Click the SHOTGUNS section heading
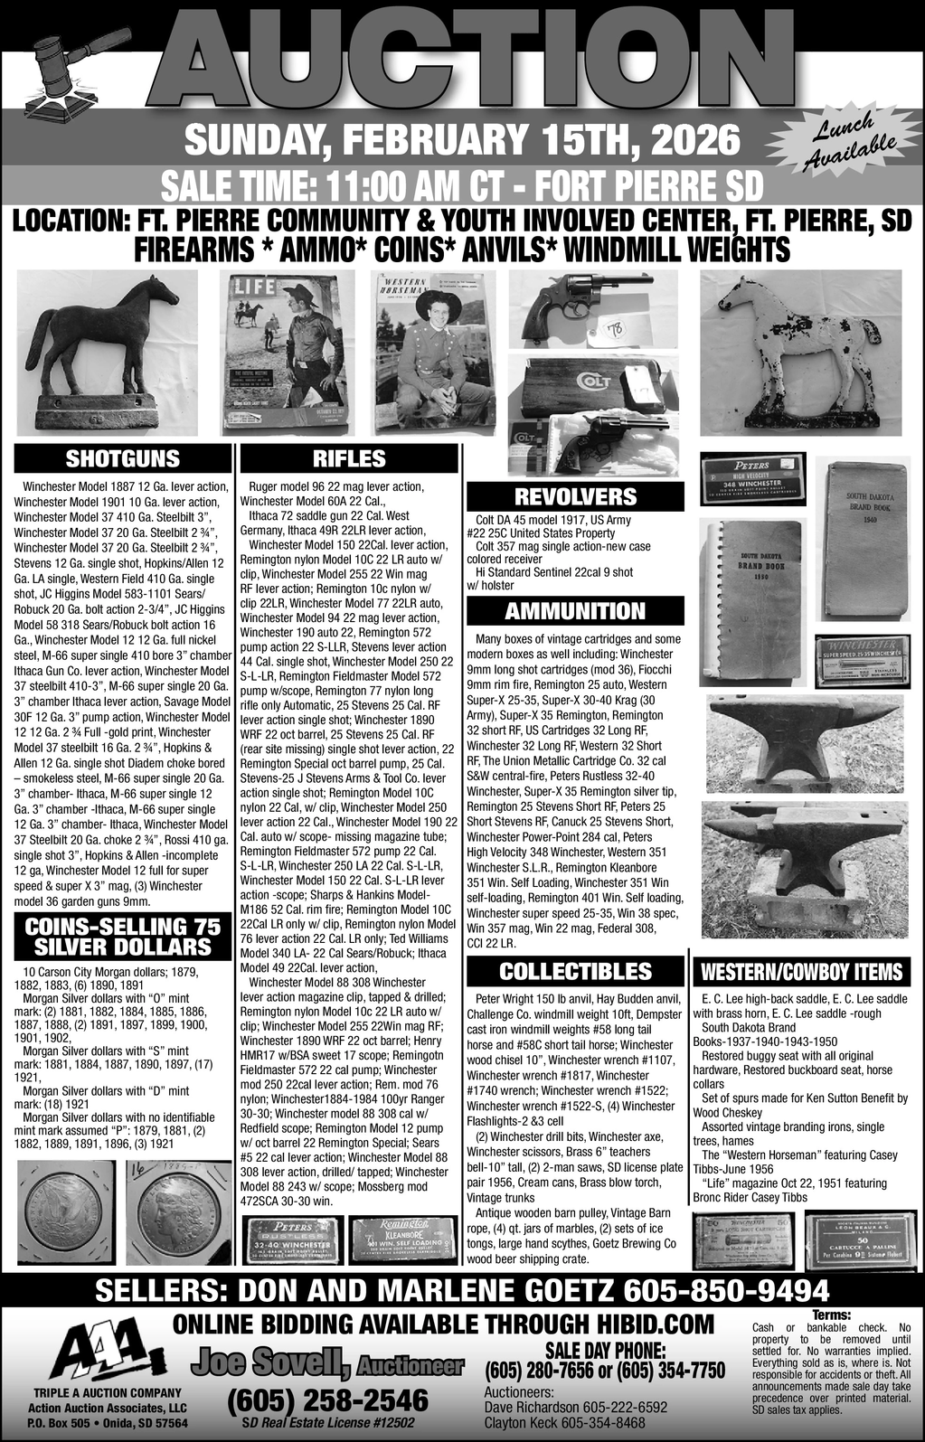pyautogui.click(x=123, y=458)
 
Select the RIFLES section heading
pyautogui.click(x=349, y=458)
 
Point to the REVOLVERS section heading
pyautogui.click(x=575, y=496)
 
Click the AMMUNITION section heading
pyautogui.click(x=575, y=611)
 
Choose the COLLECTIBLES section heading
pyautogui.click(x=575, y=971)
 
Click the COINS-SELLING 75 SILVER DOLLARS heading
pyautogui.click(x=123, y=938)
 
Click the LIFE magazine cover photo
pyautogui.click(x=289, y=348)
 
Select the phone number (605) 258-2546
pyautogui.click(x=327, y=1400)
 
